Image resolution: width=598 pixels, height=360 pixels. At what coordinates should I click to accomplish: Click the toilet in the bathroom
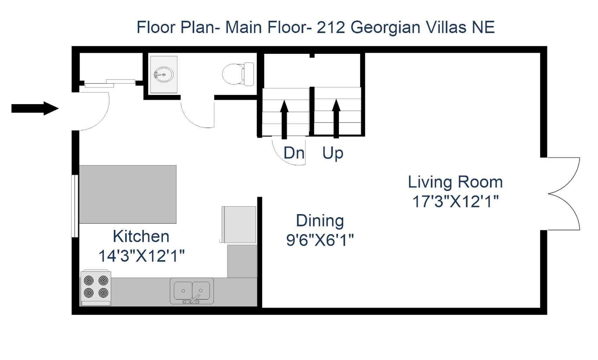[x=238, y=73]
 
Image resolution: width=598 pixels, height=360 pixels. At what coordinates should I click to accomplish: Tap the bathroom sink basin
[x=163, y=75]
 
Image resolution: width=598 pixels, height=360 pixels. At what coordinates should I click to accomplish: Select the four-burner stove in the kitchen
[x=96, y=287]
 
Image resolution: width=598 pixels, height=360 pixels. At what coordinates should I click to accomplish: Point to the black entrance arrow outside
[x=34, y=108]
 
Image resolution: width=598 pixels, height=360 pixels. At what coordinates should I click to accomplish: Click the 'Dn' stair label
[x=294, y=153]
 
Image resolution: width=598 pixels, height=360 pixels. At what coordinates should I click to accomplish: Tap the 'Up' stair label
[x=333, y=153]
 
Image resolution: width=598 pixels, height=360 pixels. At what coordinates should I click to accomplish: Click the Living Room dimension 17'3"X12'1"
[x=455, y=202]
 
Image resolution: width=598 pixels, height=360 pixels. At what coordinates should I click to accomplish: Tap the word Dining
[x=320, y=221]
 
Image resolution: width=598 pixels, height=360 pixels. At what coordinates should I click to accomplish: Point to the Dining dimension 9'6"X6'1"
[x=320, y=240]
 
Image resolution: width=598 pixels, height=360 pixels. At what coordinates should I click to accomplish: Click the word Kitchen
[x=141, y=236]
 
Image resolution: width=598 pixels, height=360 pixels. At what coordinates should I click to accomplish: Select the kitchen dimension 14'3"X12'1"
[x=141, y=256]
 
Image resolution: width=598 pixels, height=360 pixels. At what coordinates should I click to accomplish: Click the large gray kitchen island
[x=128, y=194]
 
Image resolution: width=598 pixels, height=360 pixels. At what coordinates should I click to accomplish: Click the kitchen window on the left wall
[x=75, y=206]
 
